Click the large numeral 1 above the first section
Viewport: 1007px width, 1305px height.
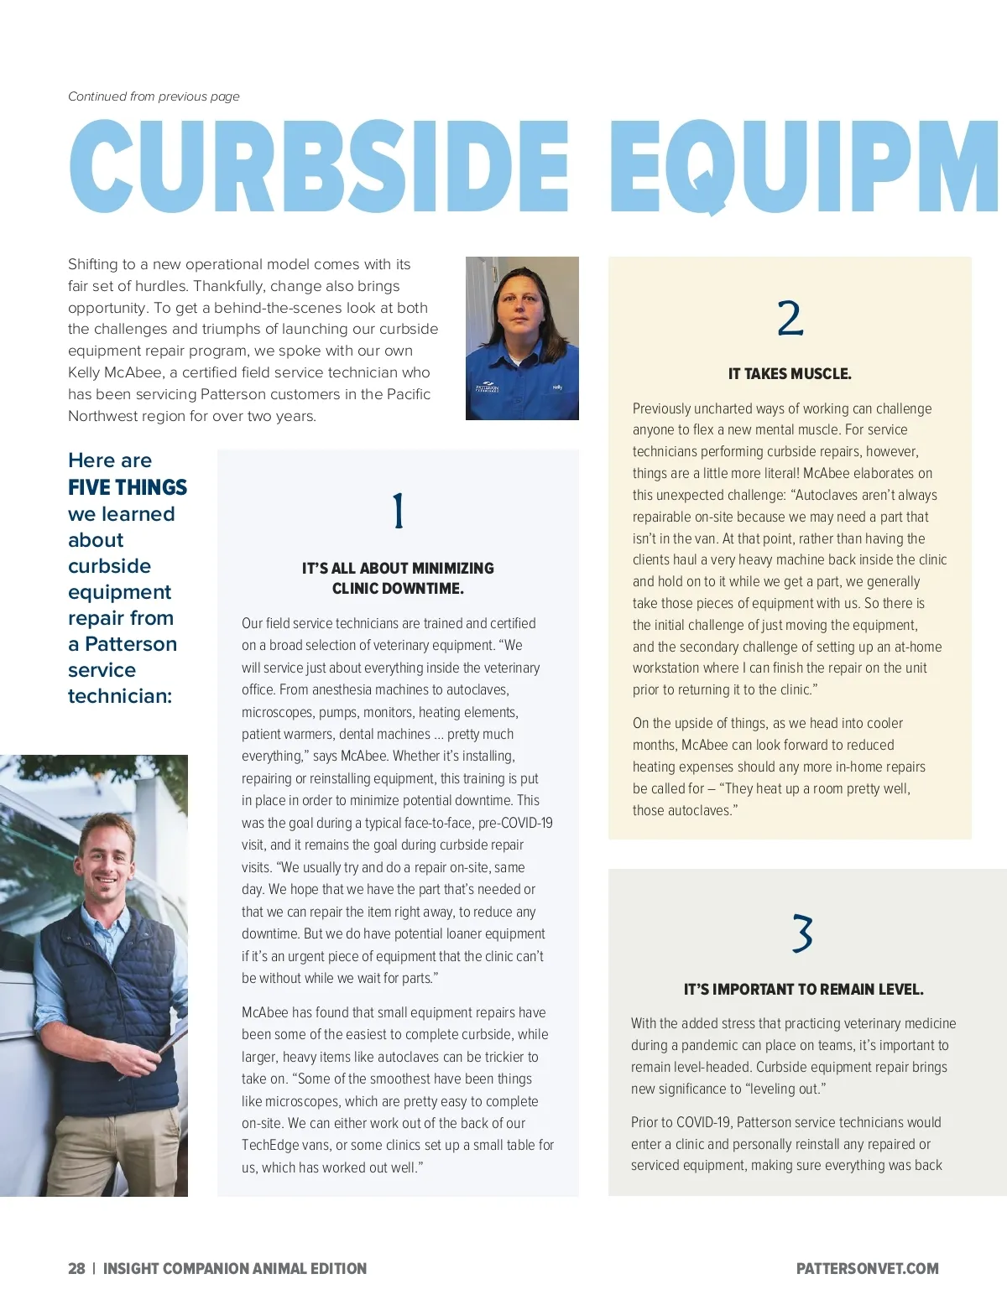pos(399,511)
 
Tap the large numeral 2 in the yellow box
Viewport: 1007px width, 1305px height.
pos(790,319)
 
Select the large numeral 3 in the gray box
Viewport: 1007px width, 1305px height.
pos(802,933)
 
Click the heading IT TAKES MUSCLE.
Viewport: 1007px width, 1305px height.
pos(790,374)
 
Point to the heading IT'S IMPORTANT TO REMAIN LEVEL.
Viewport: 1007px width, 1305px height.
pos(803,990)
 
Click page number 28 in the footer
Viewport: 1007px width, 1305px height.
pos(76,1269)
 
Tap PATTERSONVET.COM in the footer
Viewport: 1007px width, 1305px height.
pos(867,1269)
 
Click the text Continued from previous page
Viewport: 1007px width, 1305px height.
pos(154,96)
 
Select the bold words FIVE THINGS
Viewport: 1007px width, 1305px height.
pos(128,487)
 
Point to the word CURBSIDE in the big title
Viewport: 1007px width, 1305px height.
pos(319,166)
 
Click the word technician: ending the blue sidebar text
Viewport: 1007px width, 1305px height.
pos(120,696)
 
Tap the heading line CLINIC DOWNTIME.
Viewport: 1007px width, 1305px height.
pos(398,589)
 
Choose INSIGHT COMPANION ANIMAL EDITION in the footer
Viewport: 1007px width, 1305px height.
pos(235,1269)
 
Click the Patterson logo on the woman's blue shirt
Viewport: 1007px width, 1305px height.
pos(487,388)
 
